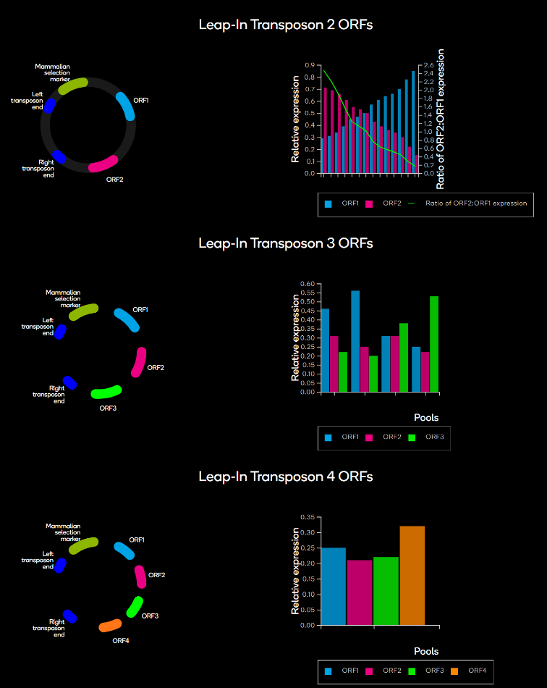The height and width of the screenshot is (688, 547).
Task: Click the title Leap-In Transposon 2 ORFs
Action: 286,25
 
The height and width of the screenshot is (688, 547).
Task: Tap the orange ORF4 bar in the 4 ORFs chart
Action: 412,575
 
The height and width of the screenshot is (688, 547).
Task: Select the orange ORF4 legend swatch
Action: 454,671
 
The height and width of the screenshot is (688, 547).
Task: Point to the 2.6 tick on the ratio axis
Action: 428,65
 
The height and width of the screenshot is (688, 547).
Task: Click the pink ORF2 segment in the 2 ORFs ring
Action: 103,164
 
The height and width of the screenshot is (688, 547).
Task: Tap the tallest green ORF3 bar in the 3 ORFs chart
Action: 434,344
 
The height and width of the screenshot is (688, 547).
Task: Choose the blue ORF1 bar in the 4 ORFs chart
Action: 333,586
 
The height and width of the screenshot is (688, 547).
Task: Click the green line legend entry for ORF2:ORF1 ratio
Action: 467,204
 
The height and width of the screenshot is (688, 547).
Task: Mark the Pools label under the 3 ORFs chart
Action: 426,417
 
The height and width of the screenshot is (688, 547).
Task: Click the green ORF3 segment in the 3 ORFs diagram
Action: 106,392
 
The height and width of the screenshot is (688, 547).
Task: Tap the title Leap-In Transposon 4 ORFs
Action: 286,477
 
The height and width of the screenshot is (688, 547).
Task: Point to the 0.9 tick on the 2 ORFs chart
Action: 310,65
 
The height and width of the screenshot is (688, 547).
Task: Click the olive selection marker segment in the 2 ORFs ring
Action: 73,86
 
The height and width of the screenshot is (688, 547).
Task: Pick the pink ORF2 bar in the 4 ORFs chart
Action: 360,592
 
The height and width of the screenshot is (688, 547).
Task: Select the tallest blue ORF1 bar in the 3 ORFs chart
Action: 355,341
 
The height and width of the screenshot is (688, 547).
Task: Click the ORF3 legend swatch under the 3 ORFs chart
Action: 412,437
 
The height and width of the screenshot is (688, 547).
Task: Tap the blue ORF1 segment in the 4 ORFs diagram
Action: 124,550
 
